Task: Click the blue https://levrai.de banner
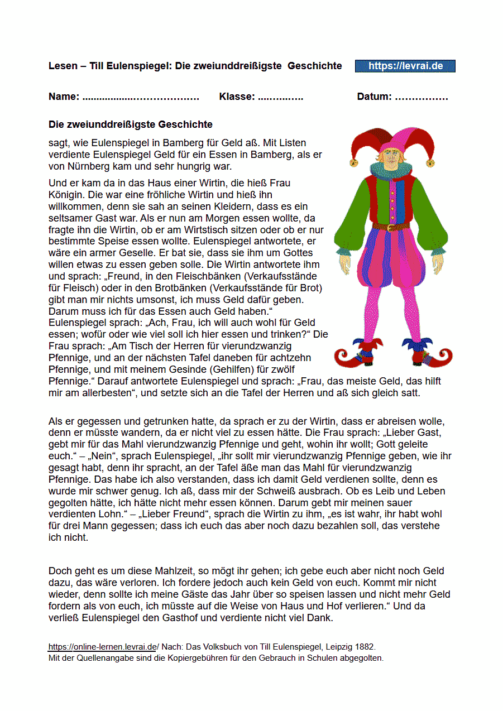point(405,66)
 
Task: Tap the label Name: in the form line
point(64,97)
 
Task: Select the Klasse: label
point(237,97)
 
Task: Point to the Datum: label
point(374,97)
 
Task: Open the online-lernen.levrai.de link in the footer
point(102,647)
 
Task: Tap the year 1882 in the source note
point(365,647)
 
